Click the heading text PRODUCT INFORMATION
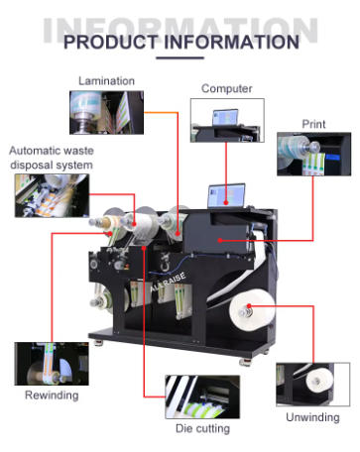pos(180,42)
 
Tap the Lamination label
pos(106,80)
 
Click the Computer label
pos(226,88)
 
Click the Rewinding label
pos(51,396)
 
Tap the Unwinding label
pos(311,417)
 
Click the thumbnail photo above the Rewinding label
pos(51,363)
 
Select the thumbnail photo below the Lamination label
pos(106,112)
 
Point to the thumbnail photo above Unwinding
pos(311,385)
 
